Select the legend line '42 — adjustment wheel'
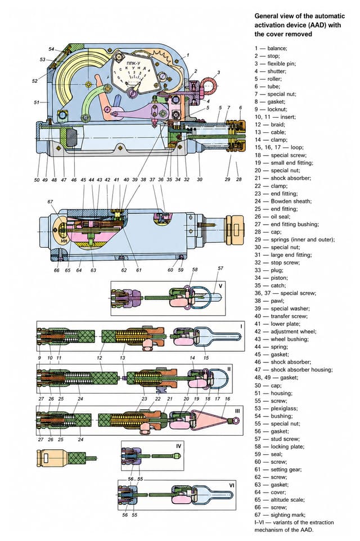click(x=285, y=332)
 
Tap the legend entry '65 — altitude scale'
click(x=280, y=499)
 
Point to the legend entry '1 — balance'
click(x=271, y=48)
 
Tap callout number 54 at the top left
click(x=51, y=49)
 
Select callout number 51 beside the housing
click(x=37, y=102)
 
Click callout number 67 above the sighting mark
click(x=51, y=202)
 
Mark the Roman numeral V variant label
click(x=220, y=286)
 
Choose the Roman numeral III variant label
click(x=237, y=411)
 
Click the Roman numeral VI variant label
click(x=232, y=485)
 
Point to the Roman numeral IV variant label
click(x=178, y=446)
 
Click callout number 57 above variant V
click(x=220, y=268)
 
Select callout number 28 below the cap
click(x=239, y=180)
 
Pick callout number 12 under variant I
click(x=100, y=358)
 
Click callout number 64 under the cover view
click(x=79, y=270)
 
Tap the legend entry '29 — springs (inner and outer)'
click(x=295, y=239)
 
